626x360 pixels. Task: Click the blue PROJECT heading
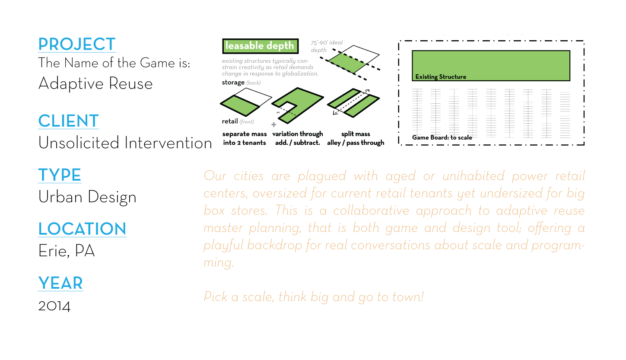pos(77,44)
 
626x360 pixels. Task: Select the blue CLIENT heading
pos(68,121)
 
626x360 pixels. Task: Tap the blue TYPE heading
pos(60,175)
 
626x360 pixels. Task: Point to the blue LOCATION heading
pos(82,229)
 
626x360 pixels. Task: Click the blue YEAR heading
pos(60,284)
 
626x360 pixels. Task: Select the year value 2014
pos(54,306)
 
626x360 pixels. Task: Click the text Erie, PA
pos(67,251)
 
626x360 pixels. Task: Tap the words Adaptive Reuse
pos(95,83)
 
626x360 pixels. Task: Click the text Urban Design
pos(87,197)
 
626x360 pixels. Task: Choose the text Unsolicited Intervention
pos(125,143)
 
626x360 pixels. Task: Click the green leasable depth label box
pos(260,46)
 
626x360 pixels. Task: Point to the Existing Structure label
pos(441,77)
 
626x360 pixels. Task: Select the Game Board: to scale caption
pos(442,137)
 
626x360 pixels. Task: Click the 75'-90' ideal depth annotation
pos(327,46)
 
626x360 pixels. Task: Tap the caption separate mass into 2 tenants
pos(245,138)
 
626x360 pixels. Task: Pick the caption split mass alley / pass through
pos(356,138)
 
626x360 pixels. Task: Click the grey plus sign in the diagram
pos(273,124)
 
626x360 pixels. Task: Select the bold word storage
pos(233,83)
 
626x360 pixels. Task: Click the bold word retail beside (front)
pos(230,121)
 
